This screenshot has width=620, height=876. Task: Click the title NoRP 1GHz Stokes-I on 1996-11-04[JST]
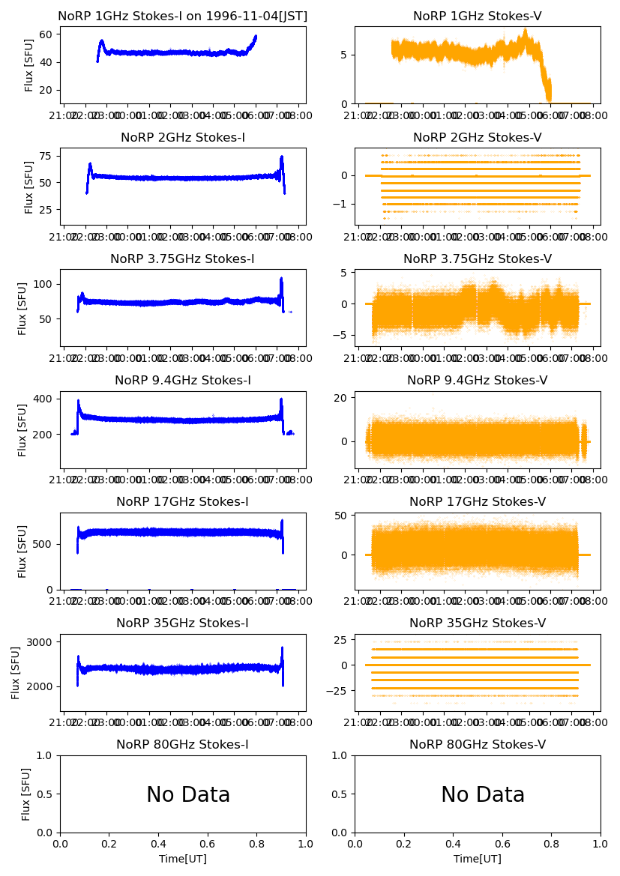click(183, 16)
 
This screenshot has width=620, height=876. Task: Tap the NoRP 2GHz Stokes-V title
click(478, 138)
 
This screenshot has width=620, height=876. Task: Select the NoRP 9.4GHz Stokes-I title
click(183, 381)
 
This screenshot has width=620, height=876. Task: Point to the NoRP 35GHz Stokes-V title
click(478, 623)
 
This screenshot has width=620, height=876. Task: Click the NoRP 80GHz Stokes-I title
click(183, 745)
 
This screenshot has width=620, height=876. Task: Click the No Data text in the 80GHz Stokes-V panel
click(483, 795)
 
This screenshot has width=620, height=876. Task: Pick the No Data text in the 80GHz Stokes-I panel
click(188, 795)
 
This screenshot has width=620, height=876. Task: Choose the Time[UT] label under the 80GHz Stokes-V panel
click(478, 859)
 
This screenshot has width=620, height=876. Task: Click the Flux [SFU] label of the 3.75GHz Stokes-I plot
click(22, 308)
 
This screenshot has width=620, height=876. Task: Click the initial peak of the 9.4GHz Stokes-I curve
click(78, 401)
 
